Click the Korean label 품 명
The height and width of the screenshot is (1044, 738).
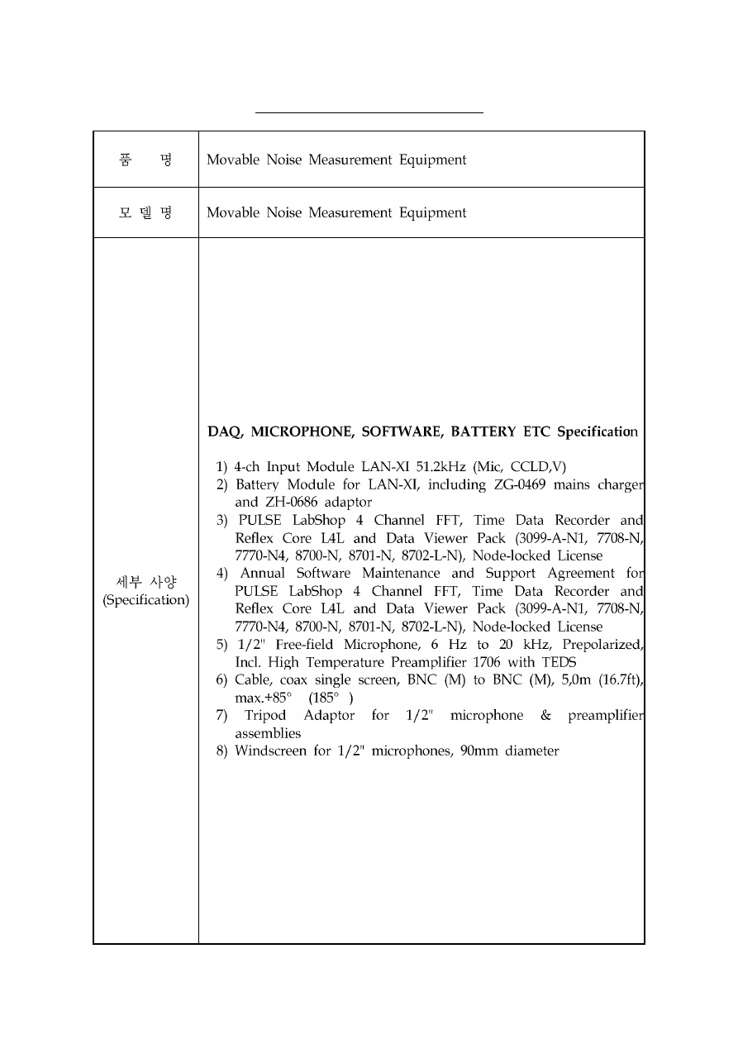coord(145,160)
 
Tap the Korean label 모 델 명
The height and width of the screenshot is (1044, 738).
coord(145,212)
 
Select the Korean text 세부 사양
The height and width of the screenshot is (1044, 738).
coord(145,582)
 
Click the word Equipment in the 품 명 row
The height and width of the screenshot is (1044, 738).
coord(433,160)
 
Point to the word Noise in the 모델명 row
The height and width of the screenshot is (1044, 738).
coord(284,212)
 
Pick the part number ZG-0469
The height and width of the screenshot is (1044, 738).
coord(521,484)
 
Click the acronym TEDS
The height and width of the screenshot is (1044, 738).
coord(559,662)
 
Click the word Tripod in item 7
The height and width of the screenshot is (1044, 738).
coord(267,715)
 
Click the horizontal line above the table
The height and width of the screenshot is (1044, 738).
coord(369,112)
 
